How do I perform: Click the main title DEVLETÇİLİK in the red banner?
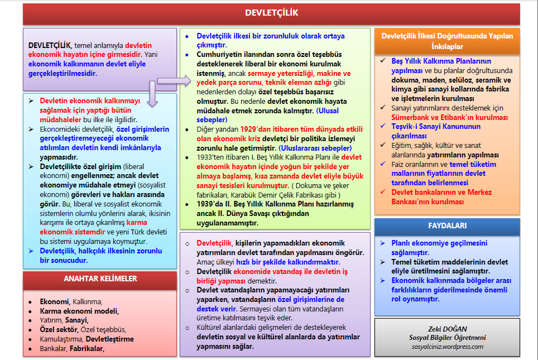pyautogui.click(x=272, y=13)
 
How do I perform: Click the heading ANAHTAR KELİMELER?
pyautogui.click(x=100, y=279)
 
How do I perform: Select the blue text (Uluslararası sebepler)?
pyautogui.click(x=315, y=148)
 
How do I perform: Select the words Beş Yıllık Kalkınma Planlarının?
pyautogui.click(x=441, y=61)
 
